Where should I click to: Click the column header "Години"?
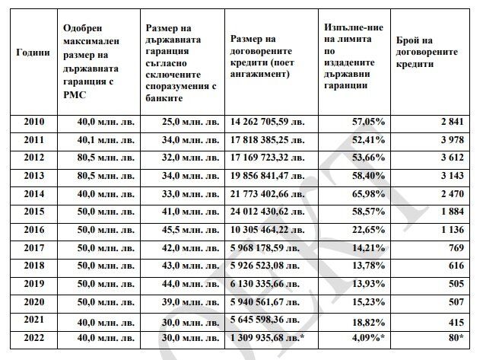pos(33,53)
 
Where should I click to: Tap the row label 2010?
pos(34,122)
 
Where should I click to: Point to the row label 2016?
pos(34,229)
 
